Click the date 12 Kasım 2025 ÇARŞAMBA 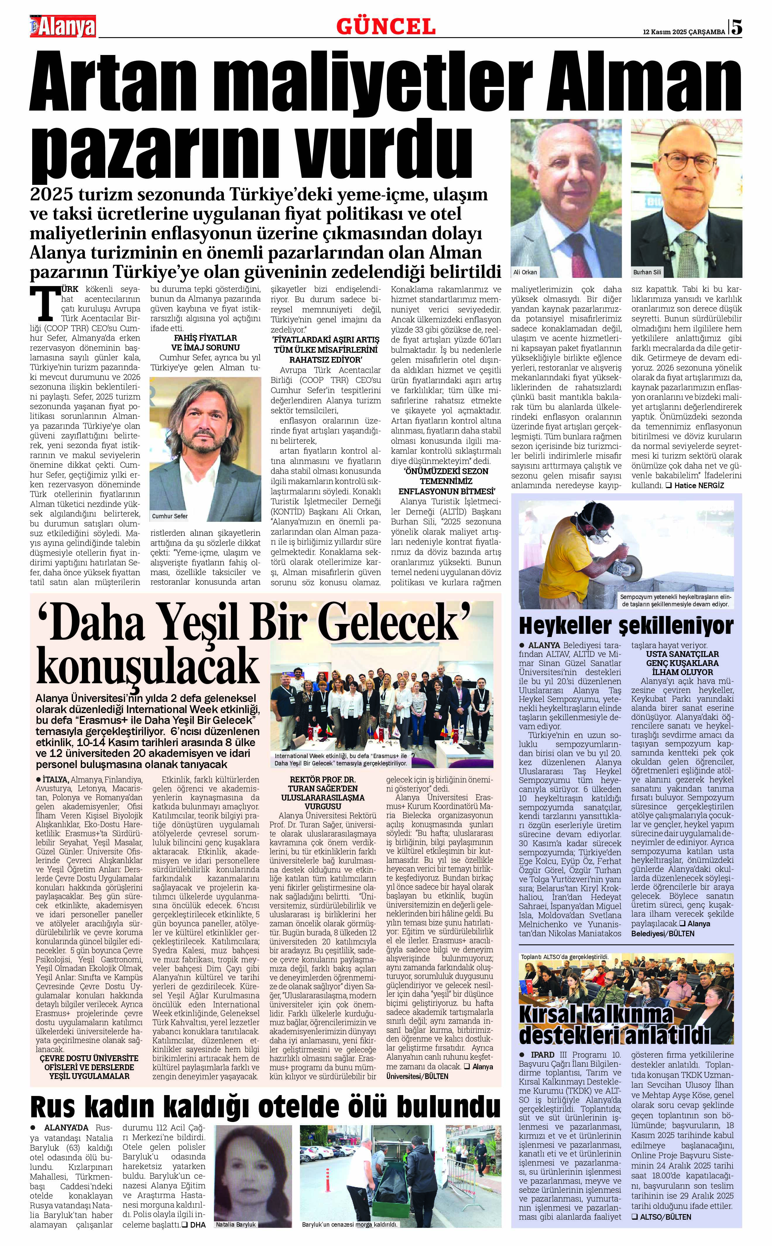coord(684,32)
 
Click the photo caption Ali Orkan coord(525,272)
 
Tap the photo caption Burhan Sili coord(647,272)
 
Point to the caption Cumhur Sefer coord(170,516)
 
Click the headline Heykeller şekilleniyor coord(626,625)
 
